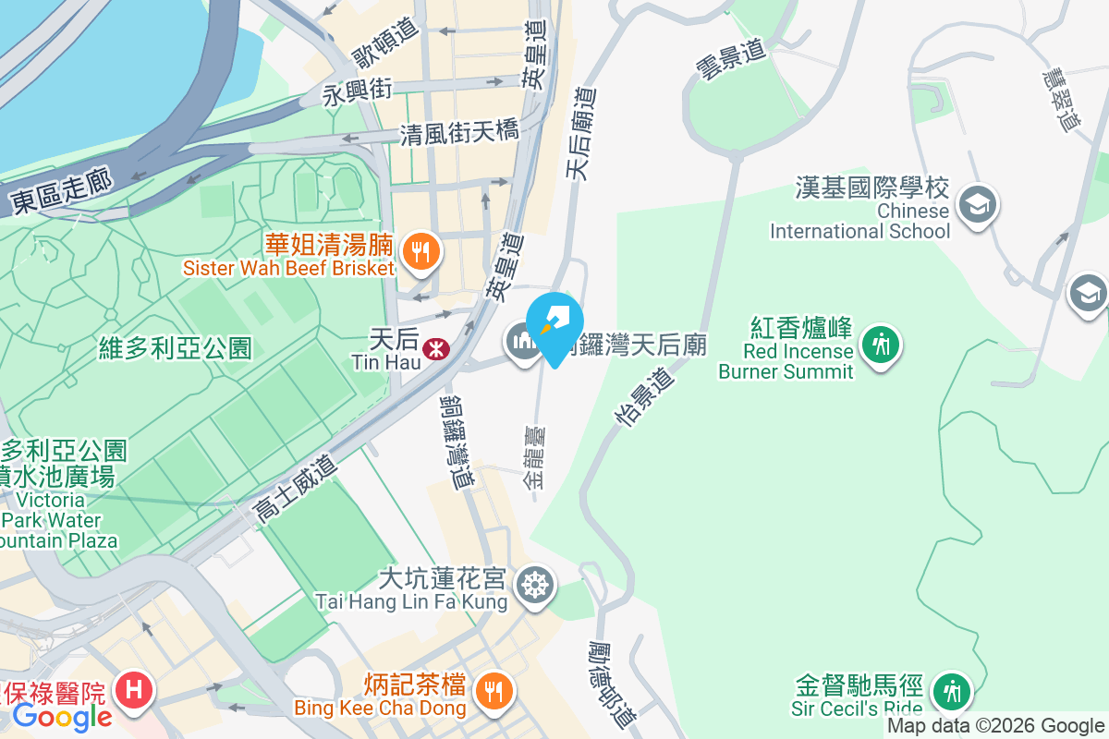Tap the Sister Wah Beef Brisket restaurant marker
point(421,248)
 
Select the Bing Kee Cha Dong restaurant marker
point(494,688)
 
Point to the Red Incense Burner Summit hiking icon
point(881,345)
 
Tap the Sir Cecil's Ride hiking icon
point(949,690)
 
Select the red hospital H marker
point(134,689)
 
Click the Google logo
point(62,716)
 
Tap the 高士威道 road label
point(296,493)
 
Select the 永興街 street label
point(358,91)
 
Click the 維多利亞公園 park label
point(175,347)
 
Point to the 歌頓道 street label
point(387,42)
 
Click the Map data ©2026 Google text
point(995,726)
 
